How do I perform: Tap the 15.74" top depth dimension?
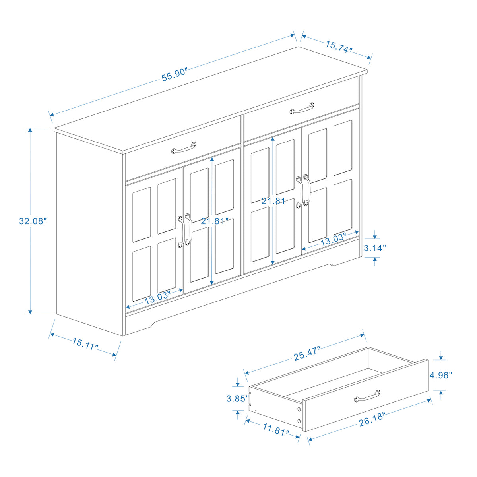(x=339, y=47)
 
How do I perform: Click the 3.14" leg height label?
(x=375, y=248)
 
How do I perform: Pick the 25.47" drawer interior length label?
(x=306, y=353)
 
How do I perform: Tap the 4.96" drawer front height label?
(x=440, y=375)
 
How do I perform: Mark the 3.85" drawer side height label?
(x=237, y=398)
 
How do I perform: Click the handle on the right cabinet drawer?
(x=302, y=108)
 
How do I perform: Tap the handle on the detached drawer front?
(x=367, y=396)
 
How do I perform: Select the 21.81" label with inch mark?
(x=214, y=221)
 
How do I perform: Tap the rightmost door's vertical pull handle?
(x=306, y=190)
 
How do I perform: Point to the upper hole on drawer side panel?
(x=299, y=409)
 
